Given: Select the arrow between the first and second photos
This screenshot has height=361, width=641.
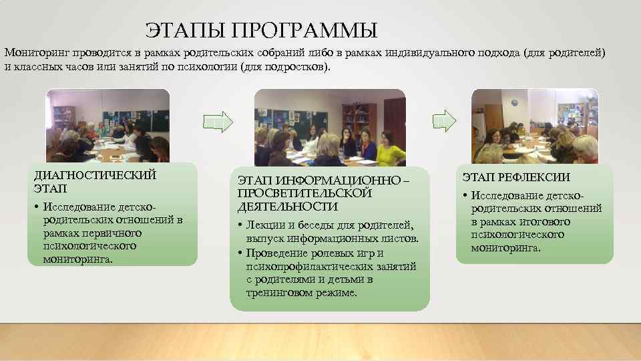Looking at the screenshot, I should pyautogui.click(x=218, y=121).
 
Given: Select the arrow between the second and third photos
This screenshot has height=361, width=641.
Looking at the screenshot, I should pyautogui.click(x=444, y=120).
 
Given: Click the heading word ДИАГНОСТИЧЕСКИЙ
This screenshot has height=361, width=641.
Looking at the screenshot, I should pyautogui.click(x=95, y=175).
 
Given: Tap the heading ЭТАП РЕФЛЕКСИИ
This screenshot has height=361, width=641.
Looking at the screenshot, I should pyautogui.click(x=516, y=178).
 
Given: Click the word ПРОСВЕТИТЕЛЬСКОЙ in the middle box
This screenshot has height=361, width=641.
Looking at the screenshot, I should pyautogui.click(x=304, y=193).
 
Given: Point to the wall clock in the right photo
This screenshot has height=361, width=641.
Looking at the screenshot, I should pyautogui.click(x=515, y=102).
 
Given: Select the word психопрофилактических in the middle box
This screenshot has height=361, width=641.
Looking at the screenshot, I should pyautogui.click(x=302, y=267).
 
